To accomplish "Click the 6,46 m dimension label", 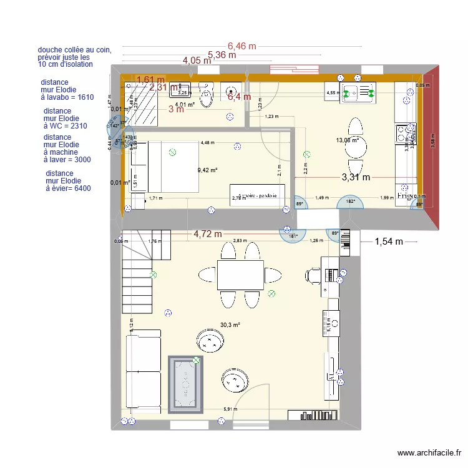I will tap(241, 46).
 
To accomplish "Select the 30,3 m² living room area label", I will tap(230, 325).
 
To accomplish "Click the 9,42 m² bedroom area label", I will tap(207, 170).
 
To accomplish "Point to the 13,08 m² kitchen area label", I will tap(346, 140).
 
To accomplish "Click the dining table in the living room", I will tap(240, 275).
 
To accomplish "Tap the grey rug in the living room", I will tap(187, 384).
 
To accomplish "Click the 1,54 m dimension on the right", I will tap(389, 241).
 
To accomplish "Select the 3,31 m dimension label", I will tap(356, 178).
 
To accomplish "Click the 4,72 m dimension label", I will tap(208, 235).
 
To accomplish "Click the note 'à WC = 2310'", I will tap(65, 126).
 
